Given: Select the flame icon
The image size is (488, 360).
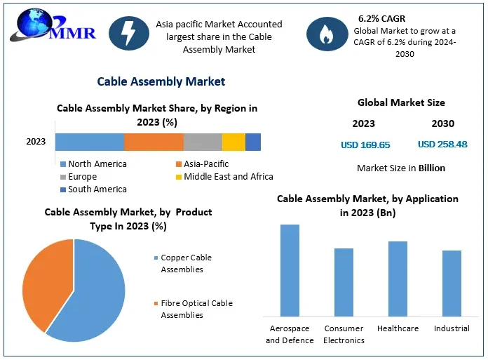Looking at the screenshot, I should tap(326, 34).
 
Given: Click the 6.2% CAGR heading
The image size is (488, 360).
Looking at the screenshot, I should tap(381, 18).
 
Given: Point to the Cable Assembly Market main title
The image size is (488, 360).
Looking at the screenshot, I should tap(161, 81).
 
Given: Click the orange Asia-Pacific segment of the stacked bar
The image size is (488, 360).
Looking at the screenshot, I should tap(154, 142).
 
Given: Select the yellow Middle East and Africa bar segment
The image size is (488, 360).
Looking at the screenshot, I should tap(233, 142).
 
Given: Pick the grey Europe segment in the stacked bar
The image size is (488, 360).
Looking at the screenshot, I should tap(203, 142).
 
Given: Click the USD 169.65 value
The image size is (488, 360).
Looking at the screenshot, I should tap(365, 145).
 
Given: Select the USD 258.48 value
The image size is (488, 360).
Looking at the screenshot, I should tap(442, 145).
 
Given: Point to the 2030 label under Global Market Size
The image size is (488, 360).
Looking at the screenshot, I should tap(442, 124).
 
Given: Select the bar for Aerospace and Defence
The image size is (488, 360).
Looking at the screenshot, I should tap(290, 270).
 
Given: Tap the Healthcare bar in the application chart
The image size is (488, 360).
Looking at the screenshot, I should tap(398, 279).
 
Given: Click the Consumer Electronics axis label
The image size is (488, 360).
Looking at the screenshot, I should tap(344, 334).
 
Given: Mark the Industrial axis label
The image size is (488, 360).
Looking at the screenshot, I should tap(452, 328).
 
